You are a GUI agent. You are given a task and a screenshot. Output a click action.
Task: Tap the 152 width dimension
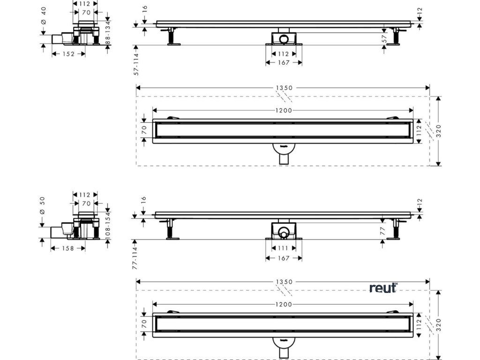click(x=68, y=54)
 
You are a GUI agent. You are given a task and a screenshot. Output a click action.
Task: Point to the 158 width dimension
click(x=68, y=248)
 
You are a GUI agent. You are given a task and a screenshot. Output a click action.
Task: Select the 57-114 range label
click(x=136, y=64)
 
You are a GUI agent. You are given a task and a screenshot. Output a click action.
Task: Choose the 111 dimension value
click(x=284, y=248)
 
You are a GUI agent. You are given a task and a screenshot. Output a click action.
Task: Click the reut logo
click(x=383, y=287)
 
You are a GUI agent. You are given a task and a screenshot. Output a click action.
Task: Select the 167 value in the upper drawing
click(x=284, y=62)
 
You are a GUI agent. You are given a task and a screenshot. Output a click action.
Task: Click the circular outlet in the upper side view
click(x=284, y=37)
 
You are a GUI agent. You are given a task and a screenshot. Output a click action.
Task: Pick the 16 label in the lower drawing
click(x=144, y=199)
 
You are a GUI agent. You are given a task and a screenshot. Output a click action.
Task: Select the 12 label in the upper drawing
click(x=420, y=9)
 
